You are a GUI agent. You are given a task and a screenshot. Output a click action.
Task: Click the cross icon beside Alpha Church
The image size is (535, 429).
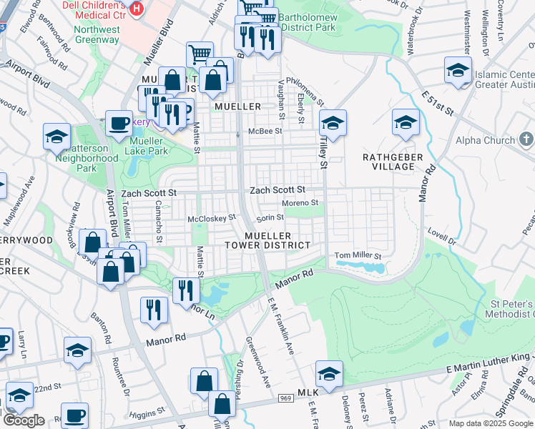click(x=526, y=140)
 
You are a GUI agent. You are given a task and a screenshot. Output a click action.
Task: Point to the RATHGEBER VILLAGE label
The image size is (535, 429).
click(x=388, y=162)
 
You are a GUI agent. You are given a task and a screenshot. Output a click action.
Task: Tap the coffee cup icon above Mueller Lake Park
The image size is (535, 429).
click(x=119, y=123)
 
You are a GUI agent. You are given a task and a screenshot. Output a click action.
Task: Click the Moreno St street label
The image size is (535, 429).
click(x=299, y=204)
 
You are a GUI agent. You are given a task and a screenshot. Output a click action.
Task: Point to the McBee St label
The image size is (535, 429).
click(x=265, y=132)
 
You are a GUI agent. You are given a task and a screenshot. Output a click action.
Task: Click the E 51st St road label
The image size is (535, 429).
click(x=438, y=102)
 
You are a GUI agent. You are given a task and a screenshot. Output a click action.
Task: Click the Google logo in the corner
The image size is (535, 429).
click(x=24, y=420)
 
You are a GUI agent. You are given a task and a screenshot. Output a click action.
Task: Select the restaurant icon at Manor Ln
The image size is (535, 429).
click(x=184, y=289)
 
